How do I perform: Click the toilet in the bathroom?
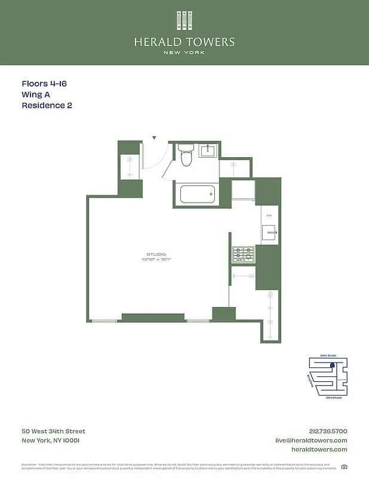185,156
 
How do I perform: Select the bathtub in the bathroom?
196,194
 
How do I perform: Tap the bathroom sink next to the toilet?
208,151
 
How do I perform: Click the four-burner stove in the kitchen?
243,255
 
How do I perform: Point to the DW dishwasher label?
269,215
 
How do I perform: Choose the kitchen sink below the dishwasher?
269,231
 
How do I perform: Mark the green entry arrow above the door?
154,138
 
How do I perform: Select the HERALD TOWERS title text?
184,42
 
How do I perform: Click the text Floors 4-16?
44,84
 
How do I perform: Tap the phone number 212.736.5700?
324,431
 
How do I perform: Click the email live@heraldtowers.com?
311,440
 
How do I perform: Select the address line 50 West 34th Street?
53,431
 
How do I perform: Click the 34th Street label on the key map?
328,356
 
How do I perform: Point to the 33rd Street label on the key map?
333,397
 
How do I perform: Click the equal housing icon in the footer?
344,467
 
